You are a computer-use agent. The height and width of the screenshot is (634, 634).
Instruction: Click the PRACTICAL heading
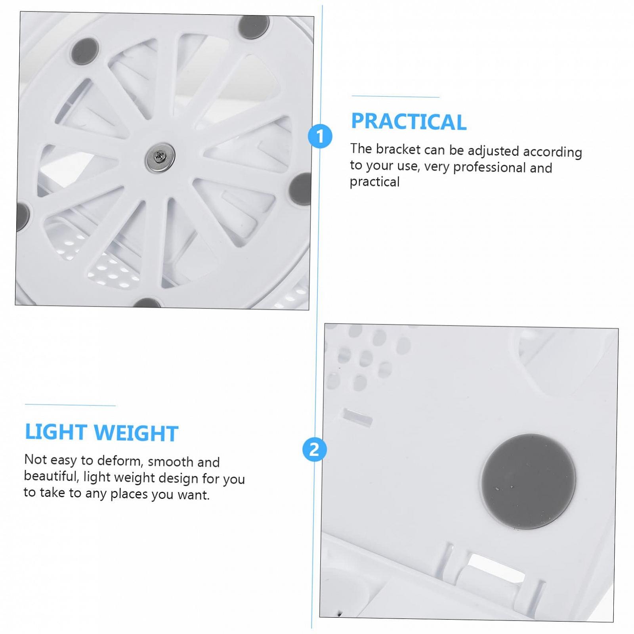409,122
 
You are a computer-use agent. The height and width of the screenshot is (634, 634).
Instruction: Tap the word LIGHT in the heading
56,432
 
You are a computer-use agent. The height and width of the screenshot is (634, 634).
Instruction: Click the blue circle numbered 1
320,136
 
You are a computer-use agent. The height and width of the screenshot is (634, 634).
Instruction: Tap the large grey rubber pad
529,481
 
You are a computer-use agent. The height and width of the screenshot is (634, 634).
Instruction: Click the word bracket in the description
398,149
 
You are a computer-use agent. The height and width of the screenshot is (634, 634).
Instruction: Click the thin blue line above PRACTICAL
395,96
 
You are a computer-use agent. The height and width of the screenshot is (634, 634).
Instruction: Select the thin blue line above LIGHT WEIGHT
70,405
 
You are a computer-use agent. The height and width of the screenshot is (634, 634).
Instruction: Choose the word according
552,152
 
